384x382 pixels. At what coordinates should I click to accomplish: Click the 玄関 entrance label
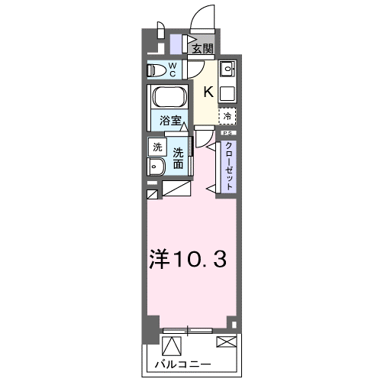tap(202, 48)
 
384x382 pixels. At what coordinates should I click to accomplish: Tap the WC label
tap(173, 70)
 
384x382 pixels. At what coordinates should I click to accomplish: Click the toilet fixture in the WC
tap(155, 70)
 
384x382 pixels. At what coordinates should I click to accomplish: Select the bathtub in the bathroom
tap(169, 97)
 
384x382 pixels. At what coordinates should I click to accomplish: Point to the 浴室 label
tap(170, 121)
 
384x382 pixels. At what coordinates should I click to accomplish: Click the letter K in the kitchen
tap(208, 92)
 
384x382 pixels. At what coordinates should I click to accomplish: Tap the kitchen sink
tap(227, 69)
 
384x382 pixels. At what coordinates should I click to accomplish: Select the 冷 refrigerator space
tap(227, 116)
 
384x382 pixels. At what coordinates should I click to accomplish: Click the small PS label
tap(228, 133)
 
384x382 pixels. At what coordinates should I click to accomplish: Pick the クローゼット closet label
tap(228, 166)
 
